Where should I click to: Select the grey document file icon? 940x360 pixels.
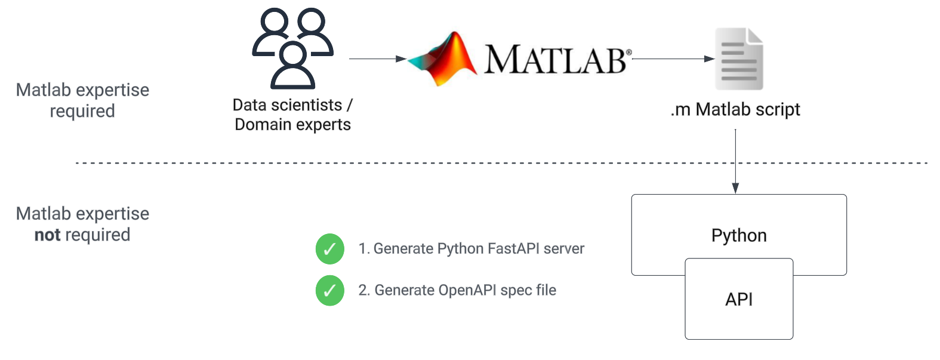pos(739,59)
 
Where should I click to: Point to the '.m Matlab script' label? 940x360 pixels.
pos(735,110)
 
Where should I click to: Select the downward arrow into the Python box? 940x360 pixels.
pos(735,161)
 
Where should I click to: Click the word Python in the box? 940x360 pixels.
pos(739,235)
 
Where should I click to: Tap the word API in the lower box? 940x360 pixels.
pos(739,299)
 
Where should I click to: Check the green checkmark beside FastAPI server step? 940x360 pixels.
pos(330,249)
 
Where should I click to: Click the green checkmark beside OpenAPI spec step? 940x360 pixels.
pos(330,291)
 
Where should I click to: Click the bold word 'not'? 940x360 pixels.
pos(47,235)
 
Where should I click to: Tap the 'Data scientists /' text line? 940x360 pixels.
pos(292,105)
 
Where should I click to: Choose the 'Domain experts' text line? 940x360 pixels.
pos(292,125)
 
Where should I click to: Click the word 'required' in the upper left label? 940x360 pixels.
pos(82,111)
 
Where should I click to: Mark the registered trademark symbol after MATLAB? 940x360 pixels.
pos(628,53)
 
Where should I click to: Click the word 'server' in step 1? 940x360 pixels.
pos(564,249)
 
